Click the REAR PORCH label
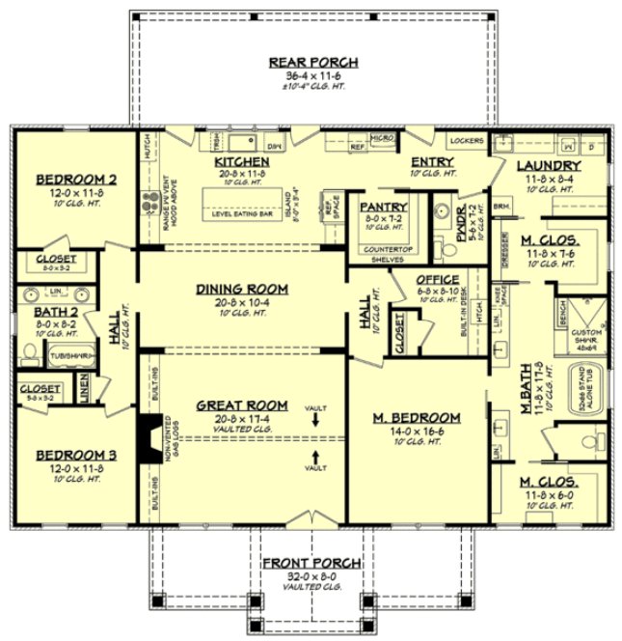[313, 63]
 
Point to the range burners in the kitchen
[150, 203]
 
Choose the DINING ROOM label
[243, 289]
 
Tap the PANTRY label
[384, 207]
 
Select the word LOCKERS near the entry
[467, 141]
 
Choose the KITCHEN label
[240, 161]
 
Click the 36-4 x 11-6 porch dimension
[313, 75]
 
